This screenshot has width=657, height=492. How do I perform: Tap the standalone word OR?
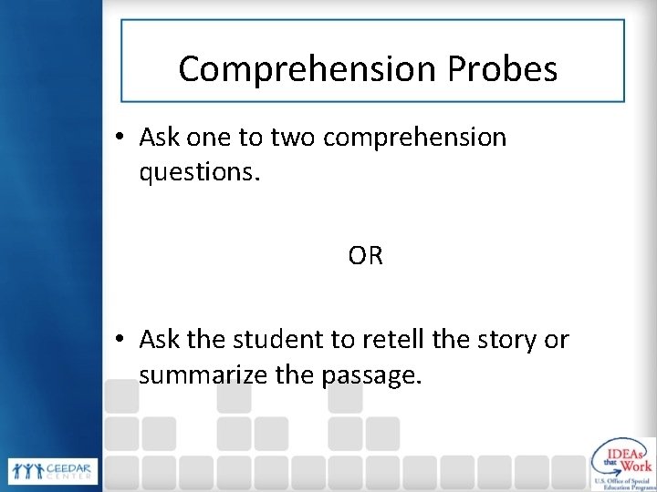[365, 257]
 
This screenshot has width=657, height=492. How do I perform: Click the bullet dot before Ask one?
[120, 138]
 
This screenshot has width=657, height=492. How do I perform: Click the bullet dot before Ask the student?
[120, 341]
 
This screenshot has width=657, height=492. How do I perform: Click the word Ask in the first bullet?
[160, 138]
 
